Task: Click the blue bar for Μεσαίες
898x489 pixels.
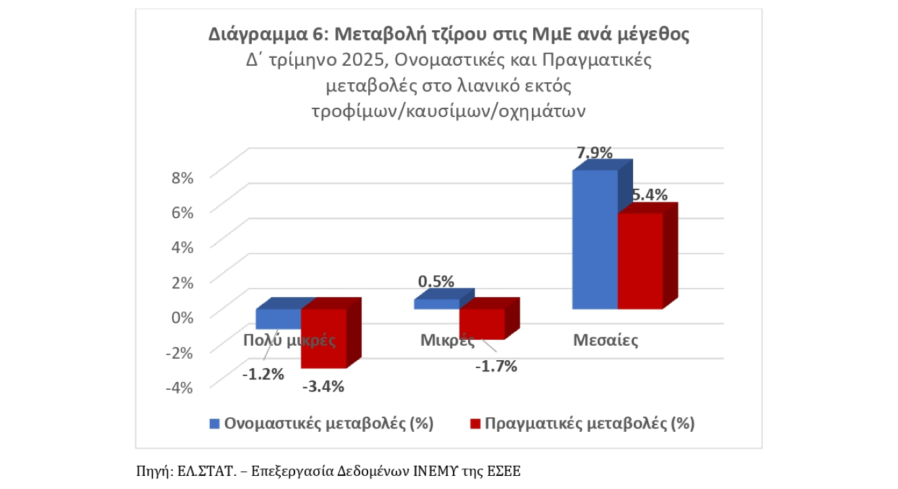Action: coord(595,240)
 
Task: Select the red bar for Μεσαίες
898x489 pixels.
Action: coord(640,261)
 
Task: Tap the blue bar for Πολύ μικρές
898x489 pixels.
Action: coord(277,319)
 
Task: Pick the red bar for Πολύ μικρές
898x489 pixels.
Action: coord(323,338)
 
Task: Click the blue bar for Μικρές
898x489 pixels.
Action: coord(436,304)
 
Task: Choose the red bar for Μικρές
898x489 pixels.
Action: coord(481,324)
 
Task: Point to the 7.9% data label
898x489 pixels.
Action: coord(594,153)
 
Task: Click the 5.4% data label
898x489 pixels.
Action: coord(649,195)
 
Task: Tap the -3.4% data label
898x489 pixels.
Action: coord(323,386)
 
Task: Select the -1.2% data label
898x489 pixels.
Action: coord(262,375)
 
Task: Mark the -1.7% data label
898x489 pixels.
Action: coord(496,366)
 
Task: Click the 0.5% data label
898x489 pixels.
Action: coord(436,281)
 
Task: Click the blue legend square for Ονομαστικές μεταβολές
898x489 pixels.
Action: coord(214,423)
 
